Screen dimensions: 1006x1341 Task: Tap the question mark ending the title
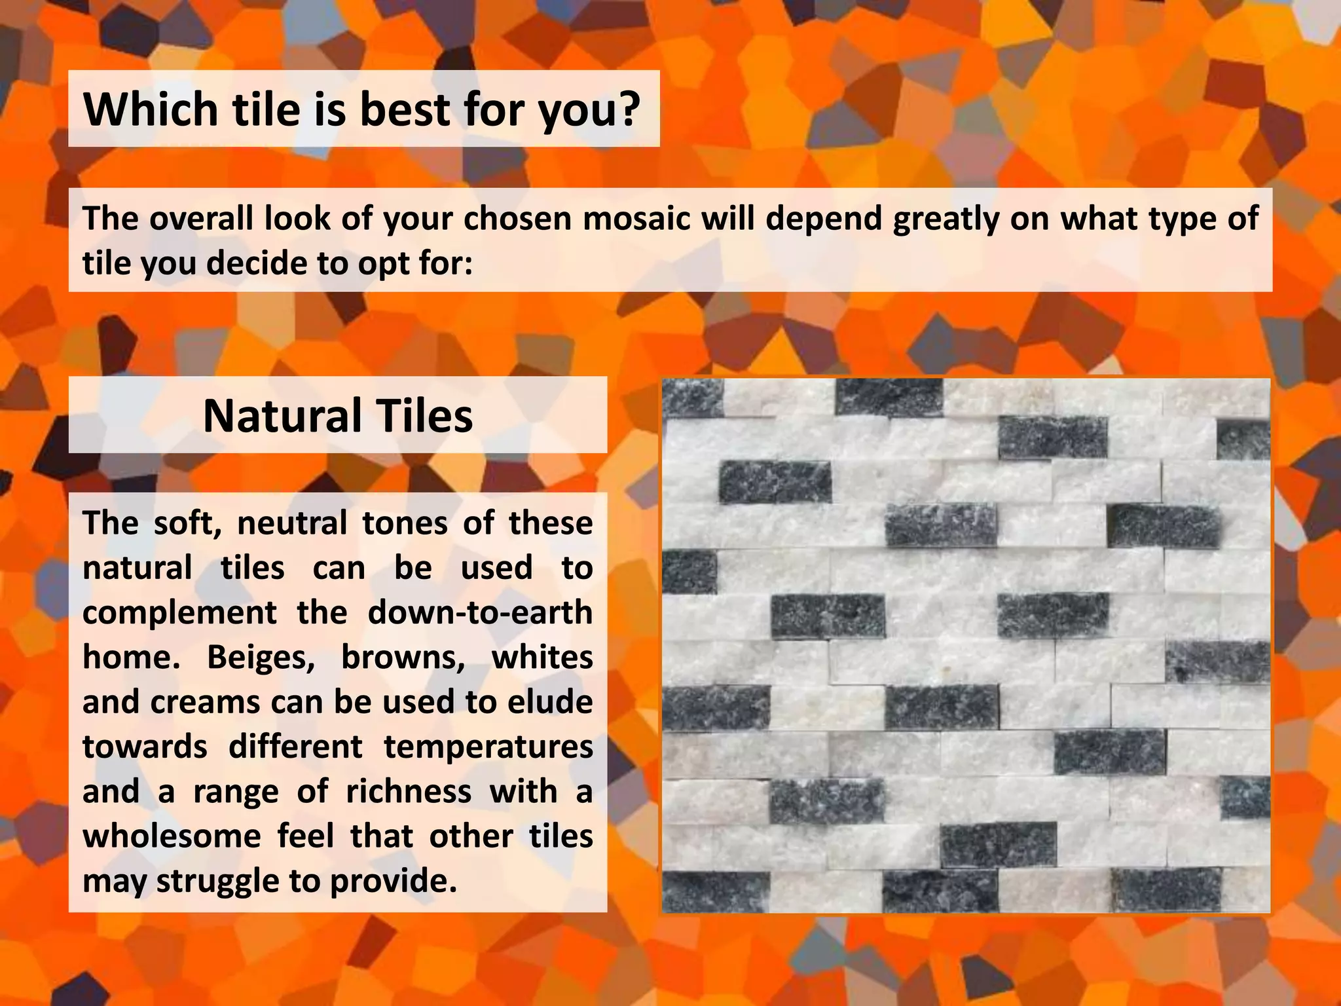(x=627, y=109)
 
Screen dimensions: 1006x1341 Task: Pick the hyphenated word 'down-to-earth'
(x=480, y=613)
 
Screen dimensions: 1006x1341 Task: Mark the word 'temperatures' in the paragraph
(x=488, y=747)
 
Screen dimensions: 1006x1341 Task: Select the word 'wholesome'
(x=172, y=836)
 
